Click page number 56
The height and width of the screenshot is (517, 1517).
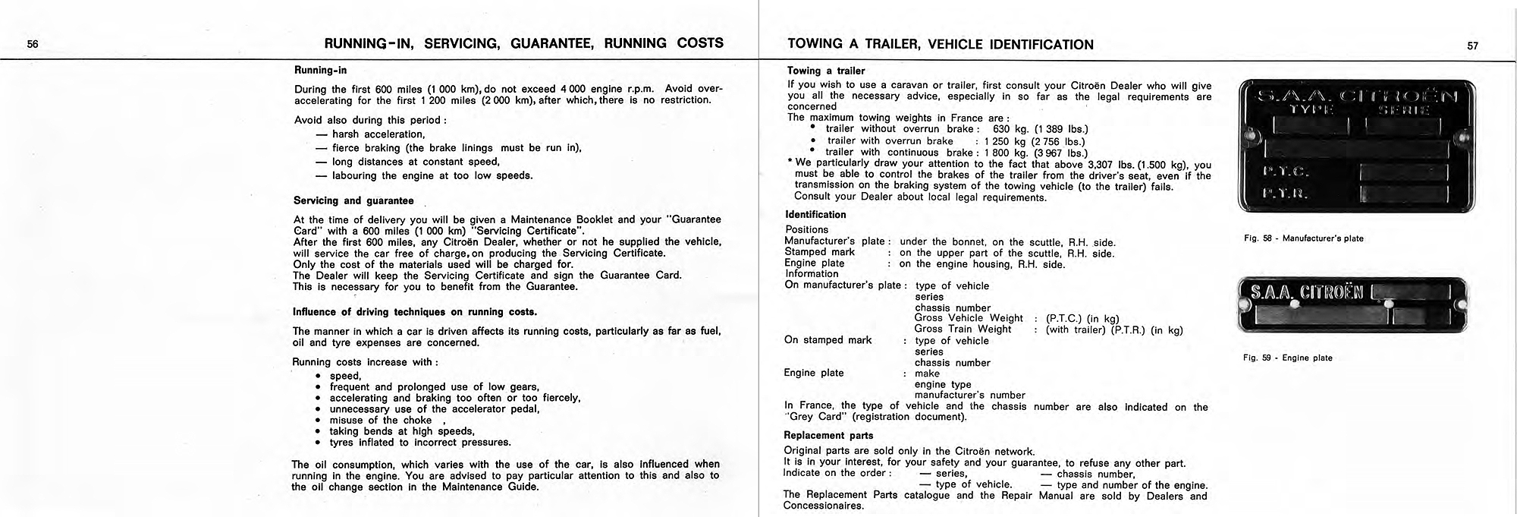click(x=33, y=44)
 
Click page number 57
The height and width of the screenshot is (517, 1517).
click(x=1472, y=46)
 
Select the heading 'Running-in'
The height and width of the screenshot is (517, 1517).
click(x=320, y=70)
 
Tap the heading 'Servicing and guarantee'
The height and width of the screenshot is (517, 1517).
click(x=353, y=201)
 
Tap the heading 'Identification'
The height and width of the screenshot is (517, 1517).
click(x=815, y=215)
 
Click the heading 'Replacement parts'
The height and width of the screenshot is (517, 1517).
click(x=828, y=436)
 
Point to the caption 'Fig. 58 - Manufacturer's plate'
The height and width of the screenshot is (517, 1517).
click(x=1303, y=238)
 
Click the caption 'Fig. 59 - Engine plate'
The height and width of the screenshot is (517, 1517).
click(x=1287, y=358)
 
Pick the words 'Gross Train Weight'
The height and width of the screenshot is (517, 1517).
click(x=963, y=329)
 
